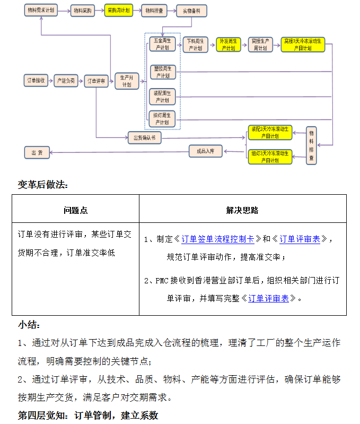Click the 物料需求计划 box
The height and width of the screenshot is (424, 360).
tap(41, 11)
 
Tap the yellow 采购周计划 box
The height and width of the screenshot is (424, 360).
tap(119, 11)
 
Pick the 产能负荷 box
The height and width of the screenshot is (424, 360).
tap(66, 81)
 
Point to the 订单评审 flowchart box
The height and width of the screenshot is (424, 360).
tap(96, 81)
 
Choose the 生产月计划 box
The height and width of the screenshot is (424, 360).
tap(127, 80)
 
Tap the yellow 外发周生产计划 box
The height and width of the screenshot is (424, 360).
tap(229, 44)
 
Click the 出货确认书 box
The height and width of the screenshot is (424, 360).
tap(144, 137)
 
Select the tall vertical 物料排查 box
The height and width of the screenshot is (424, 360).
tap(312, 145)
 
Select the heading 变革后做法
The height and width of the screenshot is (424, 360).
tap(42, 185)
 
